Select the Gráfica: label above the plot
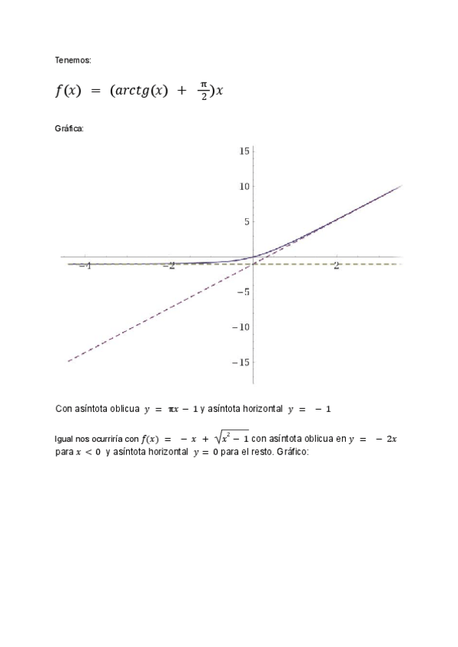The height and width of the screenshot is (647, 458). (x=69, y=128)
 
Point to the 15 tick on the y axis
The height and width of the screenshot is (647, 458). (x=244, y=151)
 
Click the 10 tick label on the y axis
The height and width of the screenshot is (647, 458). (x=244, y=186)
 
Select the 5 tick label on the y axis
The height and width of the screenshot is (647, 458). (x=247, y=222)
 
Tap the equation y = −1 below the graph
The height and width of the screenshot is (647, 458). (x=309, y=410)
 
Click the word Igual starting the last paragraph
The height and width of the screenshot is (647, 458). (x=65, y=439)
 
